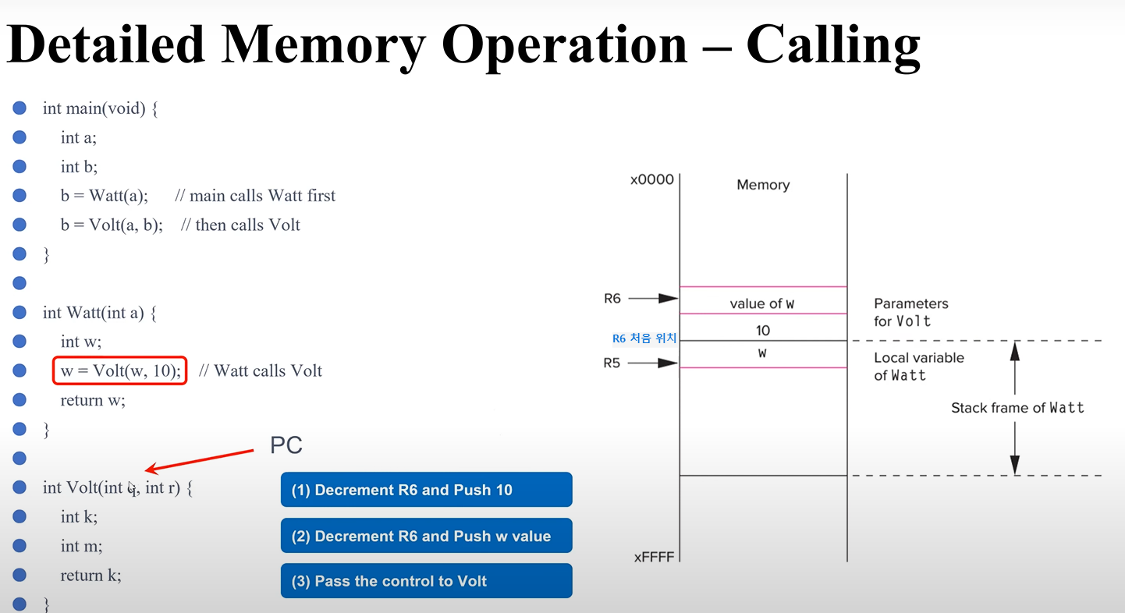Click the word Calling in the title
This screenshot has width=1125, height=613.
pos(832,44)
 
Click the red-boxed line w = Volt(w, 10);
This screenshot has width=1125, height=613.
pos(120,371)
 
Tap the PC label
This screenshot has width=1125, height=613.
pos(286,445)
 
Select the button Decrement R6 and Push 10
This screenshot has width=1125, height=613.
pos(426,490)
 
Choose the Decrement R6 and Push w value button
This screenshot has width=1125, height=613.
pos(426,536)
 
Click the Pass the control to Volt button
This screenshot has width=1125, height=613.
pos(426,581)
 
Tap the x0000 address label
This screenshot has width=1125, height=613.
pos(651,180)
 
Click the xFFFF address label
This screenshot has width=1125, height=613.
pos(653,557)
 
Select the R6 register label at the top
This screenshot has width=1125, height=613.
pos(612,298)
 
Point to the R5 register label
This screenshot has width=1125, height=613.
pos(612,363)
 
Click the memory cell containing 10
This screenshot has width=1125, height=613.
pos(763,331)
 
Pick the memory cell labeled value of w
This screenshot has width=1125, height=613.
pos(763,304)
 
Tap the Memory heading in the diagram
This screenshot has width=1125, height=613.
pos(763,185)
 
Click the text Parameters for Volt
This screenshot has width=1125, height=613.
pos(911,312)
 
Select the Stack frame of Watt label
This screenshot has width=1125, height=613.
pos(1017,408)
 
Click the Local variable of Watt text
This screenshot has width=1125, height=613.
pos(918,367)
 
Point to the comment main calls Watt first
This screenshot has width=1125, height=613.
pos(255,196)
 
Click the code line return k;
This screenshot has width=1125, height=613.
pos(91,576)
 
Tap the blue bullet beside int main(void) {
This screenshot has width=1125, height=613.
pos(20,108)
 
